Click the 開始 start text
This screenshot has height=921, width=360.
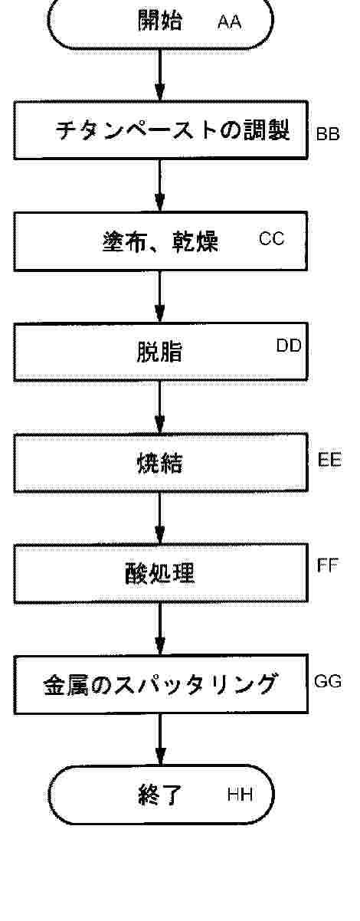tap(160, 20)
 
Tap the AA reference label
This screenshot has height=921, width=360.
tap(230, 22)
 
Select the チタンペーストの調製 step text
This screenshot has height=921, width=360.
tap(172, 130)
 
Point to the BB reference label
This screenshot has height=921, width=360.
tap(328, 134)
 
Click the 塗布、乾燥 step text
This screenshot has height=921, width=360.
tap(161, 241)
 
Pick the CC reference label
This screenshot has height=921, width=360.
tap(272, 238)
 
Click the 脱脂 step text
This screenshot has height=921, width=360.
tap(159, 352)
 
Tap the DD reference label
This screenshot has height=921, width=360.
tap(289, 346)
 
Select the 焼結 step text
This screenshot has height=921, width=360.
tap(159, 463)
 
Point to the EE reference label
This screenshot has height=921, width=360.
tap(329, 459)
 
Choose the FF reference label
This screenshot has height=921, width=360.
tap(328, 565)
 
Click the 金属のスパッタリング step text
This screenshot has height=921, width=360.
tap(160, 684)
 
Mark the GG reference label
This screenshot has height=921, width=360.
tap(328, 681)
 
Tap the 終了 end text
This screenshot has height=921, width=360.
tap(160, 795)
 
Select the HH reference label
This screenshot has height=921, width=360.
tap(240, 795)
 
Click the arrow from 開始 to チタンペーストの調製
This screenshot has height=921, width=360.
tap(160, 75)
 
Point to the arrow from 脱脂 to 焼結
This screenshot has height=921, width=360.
tap(160, 407)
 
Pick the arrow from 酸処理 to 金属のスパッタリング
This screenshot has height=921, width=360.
tap(160, 628)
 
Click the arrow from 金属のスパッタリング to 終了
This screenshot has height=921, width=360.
tap(160, 739)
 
